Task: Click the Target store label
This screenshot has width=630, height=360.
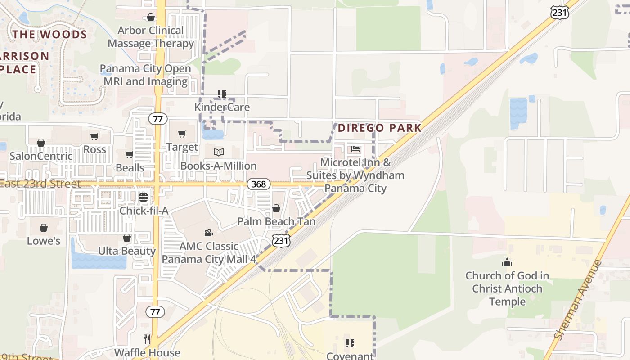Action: tap(182, 147)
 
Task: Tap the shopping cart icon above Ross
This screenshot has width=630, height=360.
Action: tap(94, 136)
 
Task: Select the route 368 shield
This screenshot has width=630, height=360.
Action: tap(258, 184)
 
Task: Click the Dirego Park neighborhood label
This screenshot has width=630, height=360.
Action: tap(379, 128)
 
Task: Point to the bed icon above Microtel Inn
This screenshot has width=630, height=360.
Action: tap(355, 149)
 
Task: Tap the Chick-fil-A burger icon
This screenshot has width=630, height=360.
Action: tap(144, 198)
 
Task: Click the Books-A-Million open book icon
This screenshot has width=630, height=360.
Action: tap(218, 153)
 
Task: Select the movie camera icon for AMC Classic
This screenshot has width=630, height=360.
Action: tap(208, 233)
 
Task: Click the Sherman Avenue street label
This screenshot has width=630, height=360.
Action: tap(578, 299)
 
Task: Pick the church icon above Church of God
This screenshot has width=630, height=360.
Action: tap(507, 262)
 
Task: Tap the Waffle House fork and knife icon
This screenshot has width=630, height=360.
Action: tap(147, 339)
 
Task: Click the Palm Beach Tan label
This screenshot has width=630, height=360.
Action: tap(276, 221)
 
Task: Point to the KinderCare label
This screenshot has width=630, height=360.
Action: tap(222, 108)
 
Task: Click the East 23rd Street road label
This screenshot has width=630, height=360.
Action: tap(40, 184)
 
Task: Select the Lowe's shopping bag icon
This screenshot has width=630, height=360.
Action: tap(44, 228)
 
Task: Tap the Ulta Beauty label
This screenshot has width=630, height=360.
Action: tap(127, 251)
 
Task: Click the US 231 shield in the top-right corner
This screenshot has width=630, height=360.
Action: tap(559, 13)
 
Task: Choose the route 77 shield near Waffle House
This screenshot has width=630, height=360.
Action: tap(155, 312)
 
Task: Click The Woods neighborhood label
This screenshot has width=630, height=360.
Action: tap(49, 35)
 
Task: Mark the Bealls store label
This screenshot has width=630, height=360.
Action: tap(130, 168)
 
